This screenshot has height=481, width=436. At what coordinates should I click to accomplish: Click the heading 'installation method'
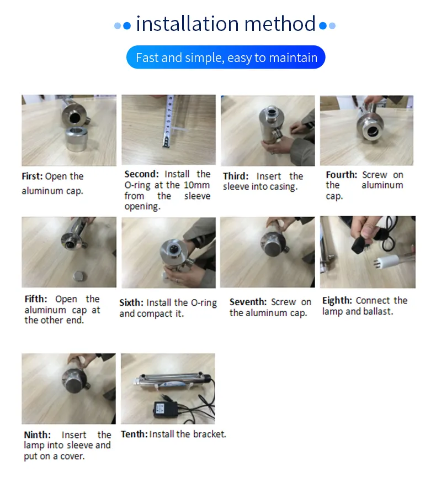pos(226,24)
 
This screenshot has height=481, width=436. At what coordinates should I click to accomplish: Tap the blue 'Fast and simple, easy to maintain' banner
pos(226,57)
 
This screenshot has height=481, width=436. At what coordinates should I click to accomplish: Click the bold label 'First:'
pos(32,176)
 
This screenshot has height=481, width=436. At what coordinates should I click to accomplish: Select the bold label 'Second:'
pos(141,174)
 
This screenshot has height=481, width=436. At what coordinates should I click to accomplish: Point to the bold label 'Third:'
pos(236,176)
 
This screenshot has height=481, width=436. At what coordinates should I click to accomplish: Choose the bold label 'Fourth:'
pos(342,175)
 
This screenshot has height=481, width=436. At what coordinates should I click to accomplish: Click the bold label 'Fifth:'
pos(36,299)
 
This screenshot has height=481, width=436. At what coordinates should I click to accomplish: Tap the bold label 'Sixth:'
pos(131,302)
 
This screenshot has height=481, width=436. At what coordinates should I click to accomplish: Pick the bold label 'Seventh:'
pos(248,302)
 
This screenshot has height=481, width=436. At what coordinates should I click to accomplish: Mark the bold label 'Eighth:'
pos(337,300)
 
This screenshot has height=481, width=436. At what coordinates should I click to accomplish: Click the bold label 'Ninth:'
pos(38,435)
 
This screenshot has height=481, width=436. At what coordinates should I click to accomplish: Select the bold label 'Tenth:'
pos(134,434)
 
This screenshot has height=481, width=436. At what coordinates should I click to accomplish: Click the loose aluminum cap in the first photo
pos(77,139)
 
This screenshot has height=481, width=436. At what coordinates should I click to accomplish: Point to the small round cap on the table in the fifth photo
pos(80,276)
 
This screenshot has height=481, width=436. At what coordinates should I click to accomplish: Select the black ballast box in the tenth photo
pos(166,409)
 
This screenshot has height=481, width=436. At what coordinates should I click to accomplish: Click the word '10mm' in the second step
pos(196,185)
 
